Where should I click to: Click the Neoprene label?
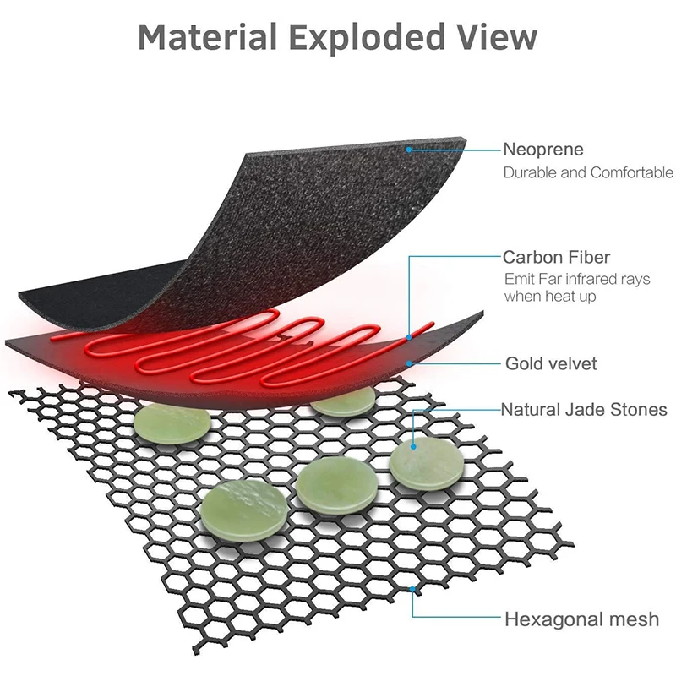coord(543,150)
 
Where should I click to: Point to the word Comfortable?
coord(624,173)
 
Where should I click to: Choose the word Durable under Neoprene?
coord(530,173)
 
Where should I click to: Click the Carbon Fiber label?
coord(556,257)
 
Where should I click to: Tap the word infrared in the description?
coord(588,279)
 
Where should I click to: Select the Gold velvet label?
coord(551,364)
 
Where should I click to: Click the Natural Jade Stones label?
coord(585,411)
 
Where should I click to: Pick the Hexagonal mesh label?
coord(581,619)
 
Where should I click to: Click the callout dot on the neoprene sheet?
coord(408,150)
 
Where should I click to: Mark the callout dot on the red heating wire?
coord(409,336)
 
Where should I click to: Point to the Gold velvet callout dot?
coord(409,363)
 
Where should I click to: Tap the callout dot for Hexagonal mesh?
coord(411,588)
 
